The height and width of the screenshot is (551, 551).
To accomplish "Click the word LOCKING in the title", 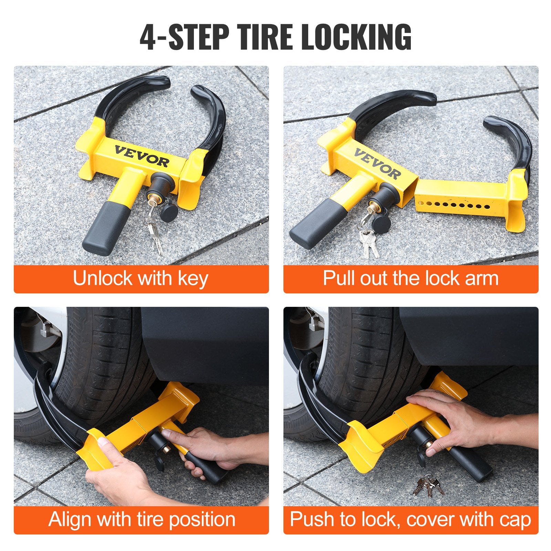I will (356, 37).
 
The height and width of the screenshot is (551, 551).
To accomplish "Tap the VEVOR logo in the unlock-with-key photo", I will (142, 156).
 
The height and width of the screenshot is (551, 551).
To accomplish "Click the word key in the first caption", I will (193, 279).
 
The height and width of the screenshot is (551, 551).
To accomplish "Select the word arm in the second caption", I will (481, 278).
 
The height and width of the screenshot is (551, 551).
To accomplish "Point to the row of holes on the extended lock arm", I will (455, 206).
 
